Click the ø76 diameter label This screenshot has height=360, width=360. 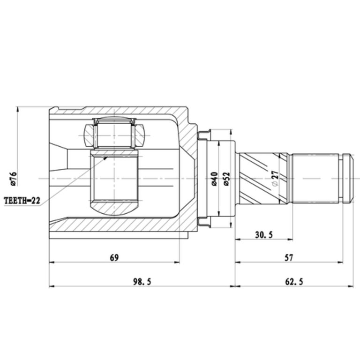(x=13, y=179)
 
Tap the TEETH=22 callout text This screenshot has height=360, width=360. (x=22, y=201)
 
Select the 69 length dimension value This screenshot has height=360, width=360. (x=114, y=258)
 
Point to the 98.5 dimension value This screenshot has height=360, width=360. (x=142, y=281)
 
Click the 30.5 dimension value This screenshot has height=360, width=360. (x=264, y=235)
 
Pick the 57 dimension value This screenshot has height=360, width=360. (x=289, y=258)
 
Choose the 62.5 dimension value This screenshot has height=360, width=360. (x=294, y=281)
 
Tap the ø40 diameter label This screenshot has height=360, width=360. (x=214, y=179)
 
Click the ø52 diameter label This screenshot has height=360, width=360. (x=226, y=179)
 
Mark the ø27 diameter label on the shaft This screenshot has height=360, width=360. (x=275, y=178)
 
